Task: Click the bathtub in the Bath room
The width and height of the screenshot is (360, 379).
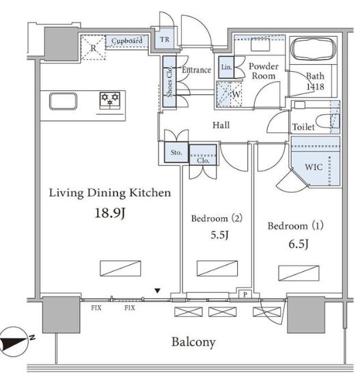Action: click(x=314, y=49)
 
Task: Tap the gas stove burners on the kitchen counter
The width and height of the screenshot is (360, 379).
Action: click(x=110, y=100)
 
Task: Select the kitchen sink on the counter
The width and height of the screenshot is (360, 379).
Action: click(x=63, y=101)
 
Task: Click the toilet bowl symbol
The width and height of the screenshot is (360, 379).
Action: click(x=328, y=122)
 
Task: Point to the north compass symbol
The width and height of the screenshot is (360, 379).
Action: click(x=15, y=341)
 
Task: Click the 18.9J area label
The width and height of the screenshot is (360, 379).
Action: click(x=110, y=213)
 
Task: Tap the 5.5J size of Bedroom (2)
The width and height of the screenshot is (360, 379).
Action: click(x=219, y=235)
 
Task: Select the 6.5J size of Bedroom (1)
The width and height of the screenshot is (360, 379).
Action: click(x=299, y=244)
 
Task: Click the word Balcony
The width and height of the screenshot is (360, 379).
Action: click(x=193, y=342)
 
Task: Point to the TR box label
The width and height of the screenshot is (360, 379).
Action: click(x=165, y=39)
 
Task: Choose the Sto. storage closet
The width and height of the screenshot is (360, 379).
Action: click(x=176, y=152)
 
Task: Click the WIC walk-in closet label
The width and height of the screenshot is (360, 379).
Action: click(x=314, y=167)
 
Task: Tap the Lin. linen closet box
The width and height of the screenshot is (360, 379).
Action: click(x=226, y=67)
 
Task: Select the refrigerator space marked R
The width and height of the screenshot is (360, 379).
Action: click(x=94, y=48)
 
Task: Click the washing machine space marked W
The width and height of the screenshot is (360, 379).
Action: click(x=229, y=94)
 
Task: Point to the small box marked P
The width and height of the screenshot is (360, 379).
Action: click(x=245, y=294)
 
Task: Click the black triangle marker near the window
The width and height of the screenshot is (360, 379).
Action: click(x=158, y=291)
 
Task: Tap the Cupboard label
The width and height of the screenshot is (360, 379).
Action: click(x=126, y=40)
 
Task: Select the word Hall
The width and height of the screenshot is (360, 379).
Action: click(x=221, y=125)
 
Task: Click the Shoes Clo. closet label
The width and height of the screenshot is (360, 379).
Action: click(x=169, y=81)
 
